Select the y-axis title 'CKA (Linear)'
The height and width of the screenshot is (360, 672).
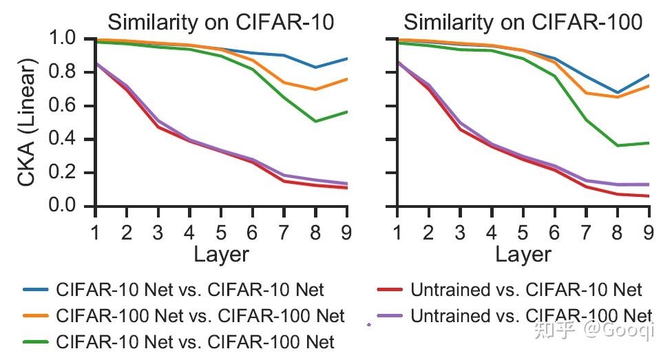28,122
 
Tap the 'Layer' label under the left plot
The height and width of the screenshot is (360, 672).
221,255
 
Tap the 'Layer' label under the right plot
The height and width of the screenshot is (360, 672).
523,255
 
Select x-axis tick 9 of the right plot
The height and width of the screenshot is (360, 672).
649,232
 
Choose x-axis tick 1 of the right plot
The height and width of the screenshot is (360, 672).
397,232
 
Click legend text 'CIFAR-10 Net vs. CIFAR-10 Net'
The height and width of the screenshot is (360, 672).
191,290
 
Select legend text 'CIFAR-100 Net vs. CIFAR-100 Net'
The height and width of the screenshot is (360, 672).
201,316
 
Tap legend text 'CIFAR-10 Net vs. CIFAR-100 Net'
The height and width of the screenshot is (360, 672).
196,341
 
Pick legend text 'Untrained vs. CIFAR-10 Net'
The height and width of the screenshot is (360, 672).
526,290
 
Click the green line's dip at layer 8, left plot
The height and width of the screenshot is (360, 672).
315,121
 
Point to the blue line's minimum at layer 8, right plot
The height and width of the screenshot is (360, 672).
618,92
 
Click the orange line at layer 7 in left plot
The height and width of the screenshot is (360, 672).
284,83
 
